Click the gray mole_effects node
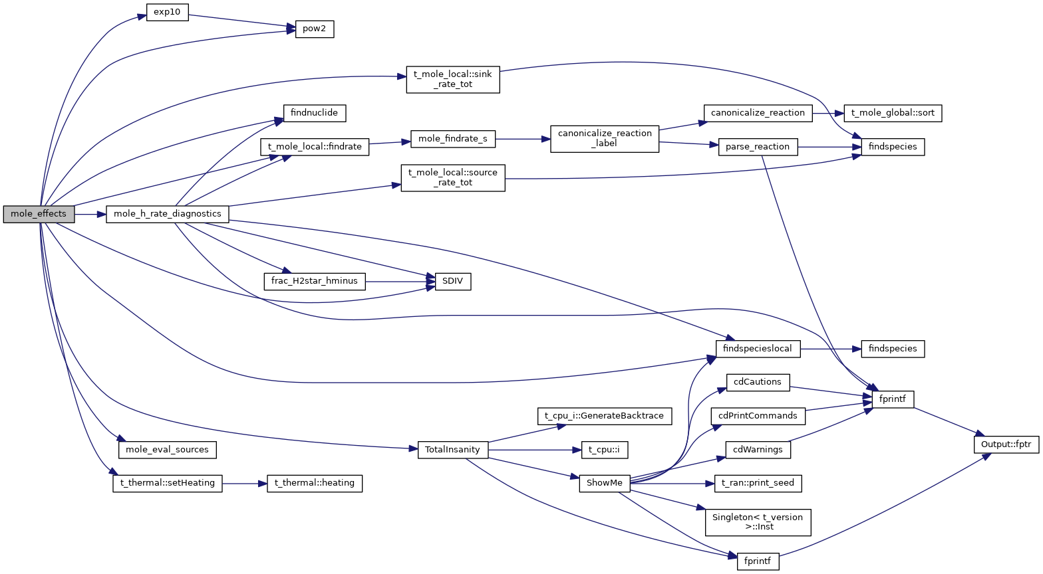point(39,214)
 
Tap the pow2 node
point(315,30)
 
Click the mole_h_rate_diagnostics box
point(168,214)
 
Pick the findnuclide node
point(315,113)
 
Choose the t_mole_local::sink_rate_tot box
point(453,79)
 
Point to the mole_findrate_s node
point(453,139)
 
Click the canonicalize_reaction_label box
point(605,138)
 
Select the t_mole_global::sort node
point(893,113)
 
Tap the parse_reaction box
point(758,147)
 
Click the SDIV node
point(453,282)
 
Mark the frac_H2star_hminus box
point(315,282)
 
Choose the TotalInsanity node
point(453,450)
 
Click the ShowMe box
point(605,483)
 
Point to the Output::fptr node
point(1006,444)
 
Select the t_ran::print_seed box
point(758,483)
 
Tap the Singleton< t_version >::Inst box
point(758,522)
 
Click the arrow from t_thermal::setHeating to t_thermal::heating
point(244,484)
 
